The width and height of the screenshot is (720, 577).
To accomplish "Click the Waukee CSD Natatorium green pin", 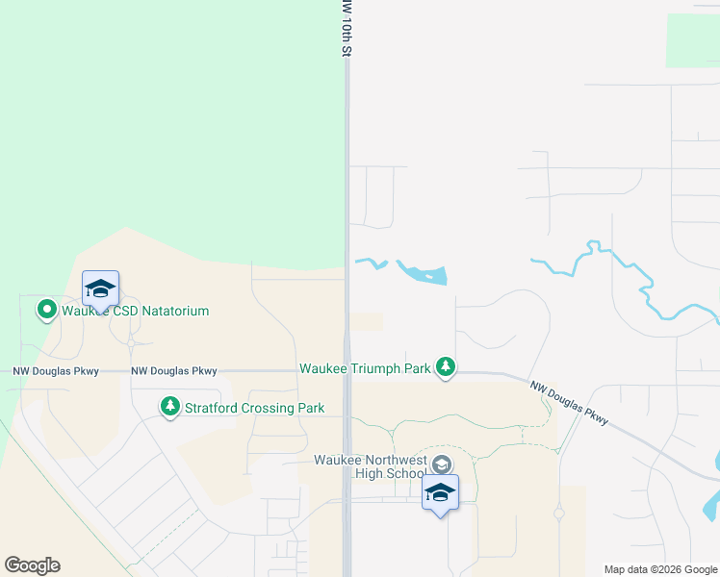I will pyautogui.click(x=46, y=310).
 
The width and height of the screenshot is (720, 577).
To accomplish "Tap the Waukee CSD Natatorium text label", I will pyautogui.click(x=136, y=311).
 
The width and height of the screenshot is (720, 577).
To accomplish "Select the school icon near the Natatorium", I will pyautogui.click(x=100, y=288).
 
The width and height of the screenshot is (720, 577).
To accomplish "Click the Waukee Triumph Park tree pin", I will pyautogui.click(x=445, y=366).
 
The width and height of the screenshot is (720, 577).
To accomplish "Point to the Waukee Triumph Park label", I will pyautogui.click(x=365, y=368).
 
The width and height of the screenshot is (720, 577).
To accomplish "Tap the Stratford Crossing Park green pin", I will pyautogui.click(x=170, y=407).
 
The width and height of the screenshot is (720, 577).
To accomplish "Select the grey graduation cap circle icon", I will pyautogui.click(x=441, y=464).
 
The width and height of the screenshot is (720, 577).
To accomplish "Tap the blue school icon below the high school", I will pyautogui.click(x=440, y=492).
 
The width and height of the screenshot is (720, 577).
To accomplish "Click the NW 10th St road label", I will pyautogui.click(x=344, y=29).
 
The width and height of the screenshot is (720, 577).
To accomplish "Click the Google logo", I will pyautogui.click(x=32, y=565).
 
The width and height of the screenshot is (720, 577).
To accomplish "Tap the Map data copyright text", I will pyautogui.click(x=660, y=569).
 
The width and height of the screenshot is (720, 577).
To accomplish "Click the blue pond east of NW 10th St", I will pyautogui.click(x=424, y=274).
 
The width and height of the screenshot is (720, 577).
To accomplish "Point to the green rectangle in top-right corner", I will pyautogui.click(x=692, y=40).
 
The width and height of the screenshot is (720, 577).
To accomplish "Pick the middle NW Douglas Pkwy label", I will pyautogui.click(x=173, y=370).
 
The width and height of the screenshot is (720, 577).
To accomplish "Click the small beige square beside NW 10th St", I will pyautogui.click(x=366, y=321).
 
